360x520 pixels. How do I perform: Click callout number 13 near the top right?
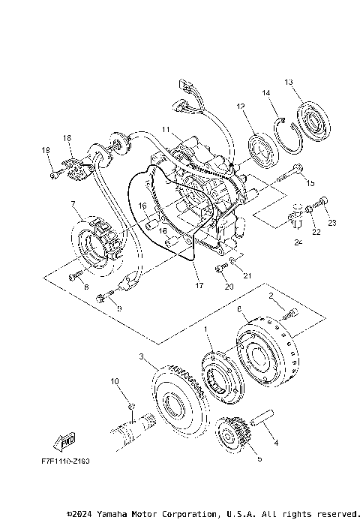click(289, 81)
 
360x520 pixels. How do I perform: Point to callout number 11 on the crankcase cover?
click(166, 129)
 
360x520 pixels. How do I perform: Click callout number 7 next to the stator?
click(73, 204)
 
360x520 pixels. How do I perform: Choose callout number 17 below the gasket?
click(199, 285)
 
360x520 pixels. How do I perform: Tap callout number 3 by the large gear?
click(140, 356)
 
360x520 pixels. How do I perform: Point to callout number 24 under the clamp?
click(298, 242)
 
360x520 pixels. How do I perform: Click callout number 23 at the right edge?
click(332, 222)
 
